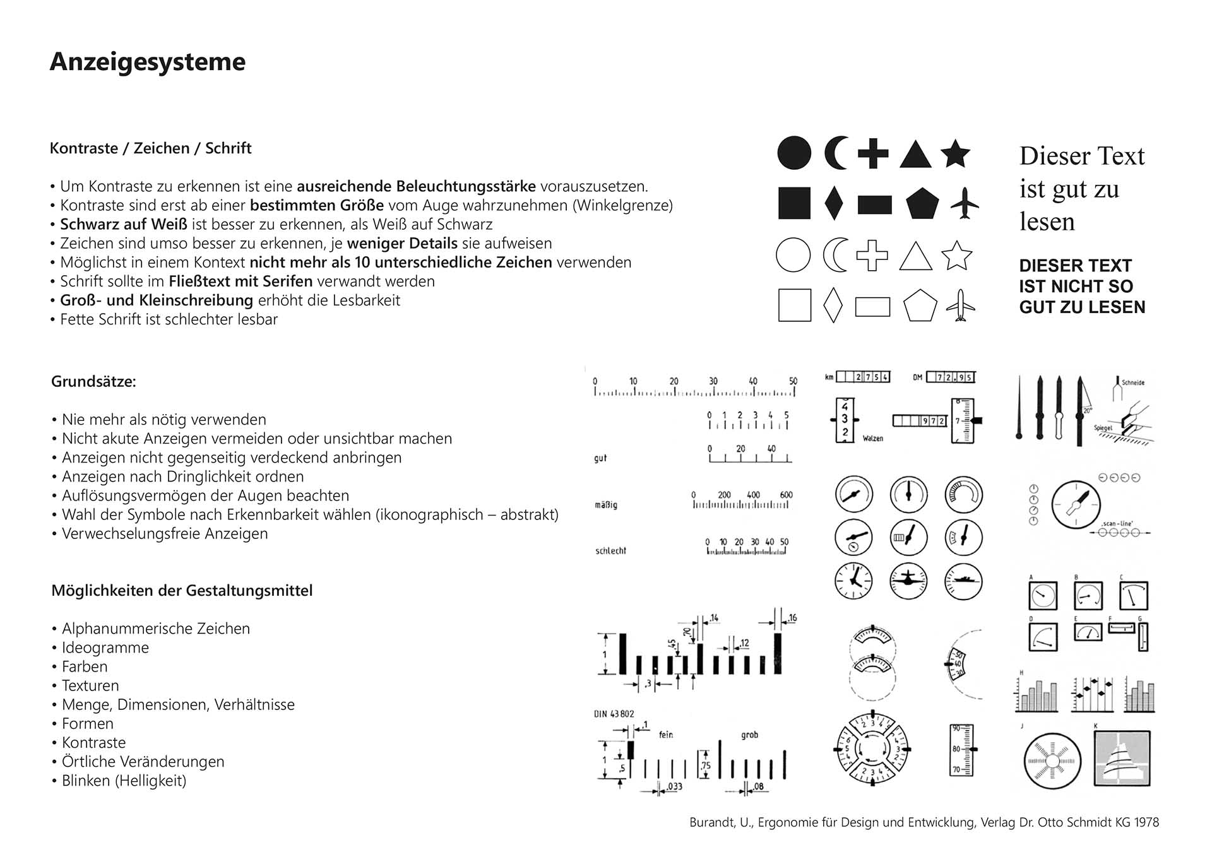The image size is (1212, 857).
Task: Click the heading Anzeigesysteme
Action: pos(147,62)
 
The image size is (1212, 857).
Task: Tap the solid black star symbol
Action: pos(955,154)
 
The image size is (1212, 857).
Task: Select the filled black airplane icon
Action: pos(963,203)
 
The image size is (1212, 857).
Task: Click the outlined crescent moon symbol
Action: pos(836,255)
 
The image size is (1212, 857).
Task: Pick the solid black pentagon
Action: pos(922,203)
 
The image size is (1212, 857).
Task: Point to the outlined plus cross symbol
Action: pos(872,256)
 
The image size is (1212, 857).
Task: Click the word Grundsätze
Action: pos(93,382)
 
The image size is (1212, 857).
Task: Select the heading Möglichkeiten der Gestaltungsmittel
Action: pos(182,591)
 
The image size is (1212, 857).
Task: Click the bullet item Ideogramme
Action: pos(105,647)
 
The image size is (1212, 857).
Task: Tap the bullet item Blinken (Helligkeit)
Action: pos(124,781)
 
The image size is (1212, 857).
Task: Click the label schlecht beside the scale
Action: pos(610,551)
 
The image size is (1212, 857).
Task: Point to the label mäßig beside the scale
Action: pos(606,505)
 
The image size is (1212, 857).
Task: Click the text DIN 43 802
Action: pos(614,714)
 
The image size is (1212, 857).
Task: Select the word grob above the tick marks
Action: pos(749,735)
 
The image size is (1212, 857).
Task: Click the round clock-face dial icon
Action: pos(853,581)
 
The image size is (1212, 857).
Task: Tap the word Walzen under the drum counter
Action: pos(873,438)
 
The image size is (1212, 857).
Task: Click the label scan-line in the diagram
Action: pos(1117,523)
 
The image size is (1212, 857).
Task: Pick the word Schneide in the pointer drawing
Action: pos(1133,382)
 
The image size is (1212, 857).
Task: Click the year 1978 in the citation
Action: pos(1146,822)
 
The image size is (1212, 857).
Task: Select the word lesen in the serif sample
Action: pos(1047,222)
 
